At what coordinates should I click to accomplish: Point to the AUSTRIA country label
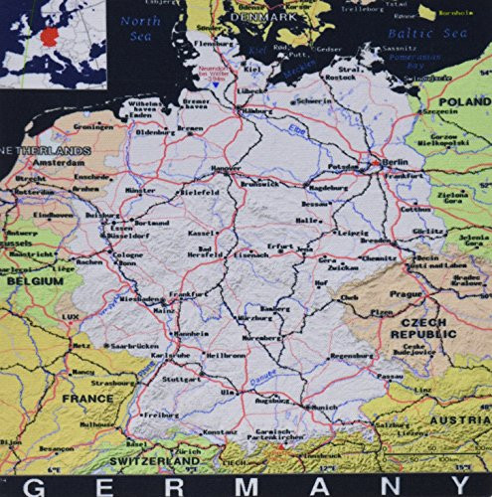coord(460,420)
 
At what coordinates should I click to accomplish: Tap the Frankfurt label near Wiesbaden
coord(187,295)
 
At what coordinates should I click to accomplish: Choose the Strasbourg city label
coord(111,379)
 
